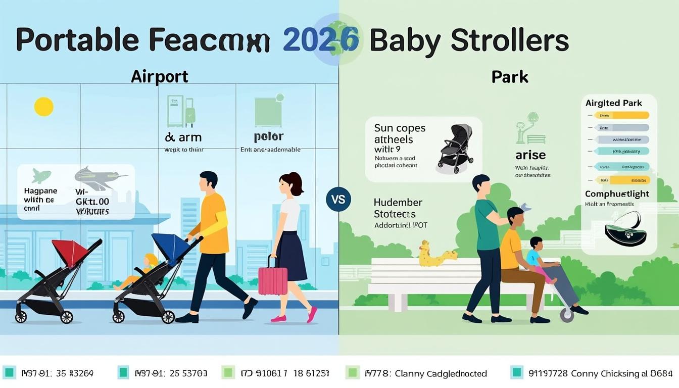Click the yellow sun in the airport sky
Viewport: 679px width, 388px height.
(43, 107)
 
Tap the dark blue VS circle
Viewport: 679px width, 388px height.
(338, 199)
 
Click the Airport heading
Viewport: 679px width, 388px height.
(159, 77)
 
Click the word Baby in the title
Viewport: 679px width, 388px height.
(405, 40)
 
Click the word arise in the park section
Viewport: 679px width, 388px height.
(530, 156)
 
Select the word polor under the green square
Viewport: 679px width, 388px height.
(268, 137)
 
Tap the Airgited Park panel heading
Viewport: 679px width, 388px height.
(613, 103)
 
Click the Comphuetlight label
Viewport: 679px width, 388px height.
(617, 194)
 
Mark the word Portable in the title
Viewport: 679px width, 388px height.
(77, 40)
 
